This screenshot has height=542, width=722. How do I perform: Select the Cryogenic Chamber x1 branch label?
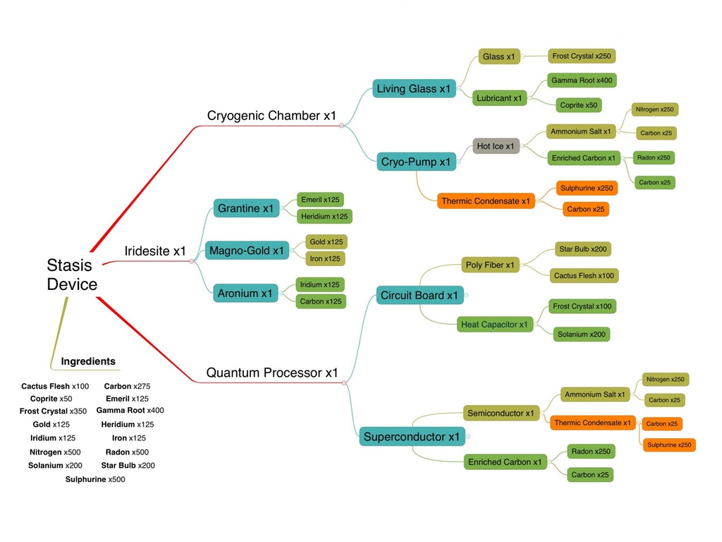271,116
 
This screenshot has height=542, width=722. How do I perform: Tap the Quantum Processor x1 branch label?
272,373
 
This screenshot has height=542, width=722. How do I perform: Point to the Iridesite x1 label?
155,251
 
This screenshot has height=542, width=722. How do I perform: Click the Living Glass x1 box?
414,89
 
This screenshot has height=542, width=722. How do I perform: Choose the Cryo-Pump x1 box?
415,162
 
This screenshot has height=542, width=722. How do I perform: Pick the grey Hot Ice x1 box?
496,146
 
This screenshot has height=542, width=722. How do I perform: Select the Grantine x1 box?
245,208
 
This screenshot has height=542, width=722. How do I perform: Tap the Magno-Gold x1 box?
247,251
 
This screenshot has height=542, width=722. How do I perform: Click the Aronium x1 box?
245,293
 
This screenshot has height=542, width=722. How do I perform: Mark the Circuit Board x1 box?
419,295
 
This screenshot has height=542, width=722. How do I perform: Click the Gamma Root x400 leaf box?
582,80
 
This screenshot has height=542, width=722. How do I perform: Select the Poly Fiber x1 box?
491,265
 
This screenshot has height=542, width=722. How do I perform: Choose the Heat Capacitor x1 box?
494,325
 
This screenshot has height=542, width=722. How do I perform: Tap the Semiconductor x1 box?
501,413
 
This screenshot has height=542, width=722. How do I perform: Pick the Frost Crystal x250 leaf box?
582,56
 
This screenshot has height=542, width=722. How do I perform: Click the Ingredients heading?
88,361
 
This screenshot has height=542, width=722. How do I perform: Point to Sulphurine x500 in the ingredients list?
95,479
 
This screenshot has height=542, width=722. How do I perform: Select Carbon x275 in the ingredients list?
127,386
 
